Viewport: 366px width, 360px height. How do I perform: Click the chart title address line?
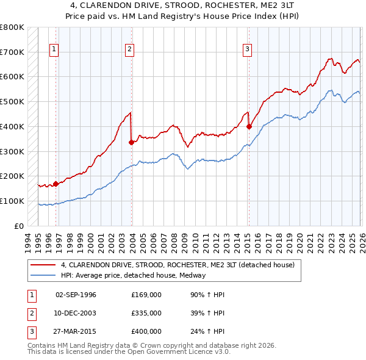(x=182, y=6)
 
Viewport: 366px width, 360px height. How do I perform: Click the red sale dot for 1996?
(x=56, y=183)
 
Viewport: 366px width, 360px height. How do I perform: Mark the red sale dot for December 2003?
(x=132, y=142)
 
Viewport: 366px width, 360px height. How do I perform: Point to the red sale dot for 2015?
(x=249, y=126)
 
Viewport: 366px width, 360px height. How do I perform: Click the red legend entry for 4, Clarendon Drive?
(x=178, y=265)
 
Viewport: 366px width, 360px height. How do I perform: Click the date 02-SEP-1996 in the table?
(x=76, y=295)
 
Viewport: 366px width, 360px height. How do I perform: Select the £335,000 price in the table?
(x=146, y=313)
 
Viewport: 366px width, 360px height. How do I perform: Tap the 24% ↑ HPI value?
(x=207, y=331)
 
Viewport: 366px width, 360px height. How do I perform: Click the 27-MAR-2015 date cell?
(x=76, y=331)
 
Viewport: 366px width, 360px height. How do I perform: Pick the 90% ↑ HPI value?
(x=207, y=295)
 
